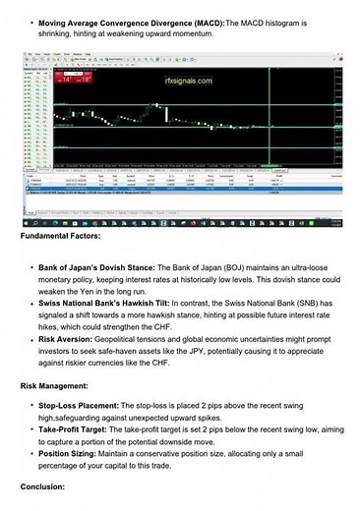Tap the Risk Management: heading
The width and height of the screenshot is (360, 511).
pos(58,385)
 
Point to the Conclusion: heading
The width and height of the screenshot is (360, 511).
pos(47,486)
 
